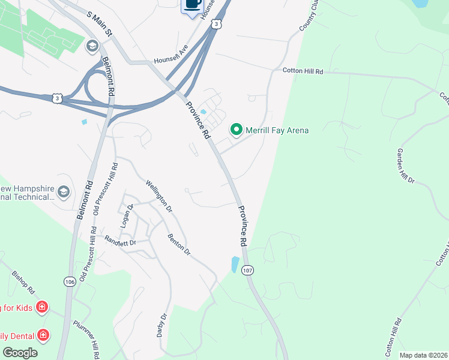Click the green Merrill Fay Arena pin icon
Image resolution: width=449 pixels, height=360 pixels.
[237, 130]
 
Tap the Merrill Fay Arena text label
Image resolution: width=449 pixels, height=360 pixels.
[277, 130]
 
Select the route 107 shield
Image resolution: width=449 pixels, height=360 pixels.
[247, 271]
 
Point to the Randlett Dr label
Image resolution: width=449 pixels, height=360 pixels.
[121, 242]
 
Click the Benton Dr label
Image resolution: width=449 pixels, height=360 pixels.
[178, 245]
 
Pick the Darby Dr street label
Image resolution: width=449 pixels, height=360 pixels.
[162, 325]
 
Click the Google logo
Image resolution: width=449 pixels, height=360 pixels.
[20, 353]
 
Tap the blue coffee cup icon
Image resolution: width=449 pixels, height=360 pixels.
[192, 4]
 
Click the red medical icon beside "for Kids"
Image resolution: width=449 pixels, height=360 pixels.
[42, 308]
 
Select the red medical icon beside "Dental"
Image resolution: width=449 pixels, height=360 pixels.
[43, 335]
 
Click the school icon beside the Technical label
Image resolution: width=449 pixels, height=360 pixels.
[64, 192]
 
